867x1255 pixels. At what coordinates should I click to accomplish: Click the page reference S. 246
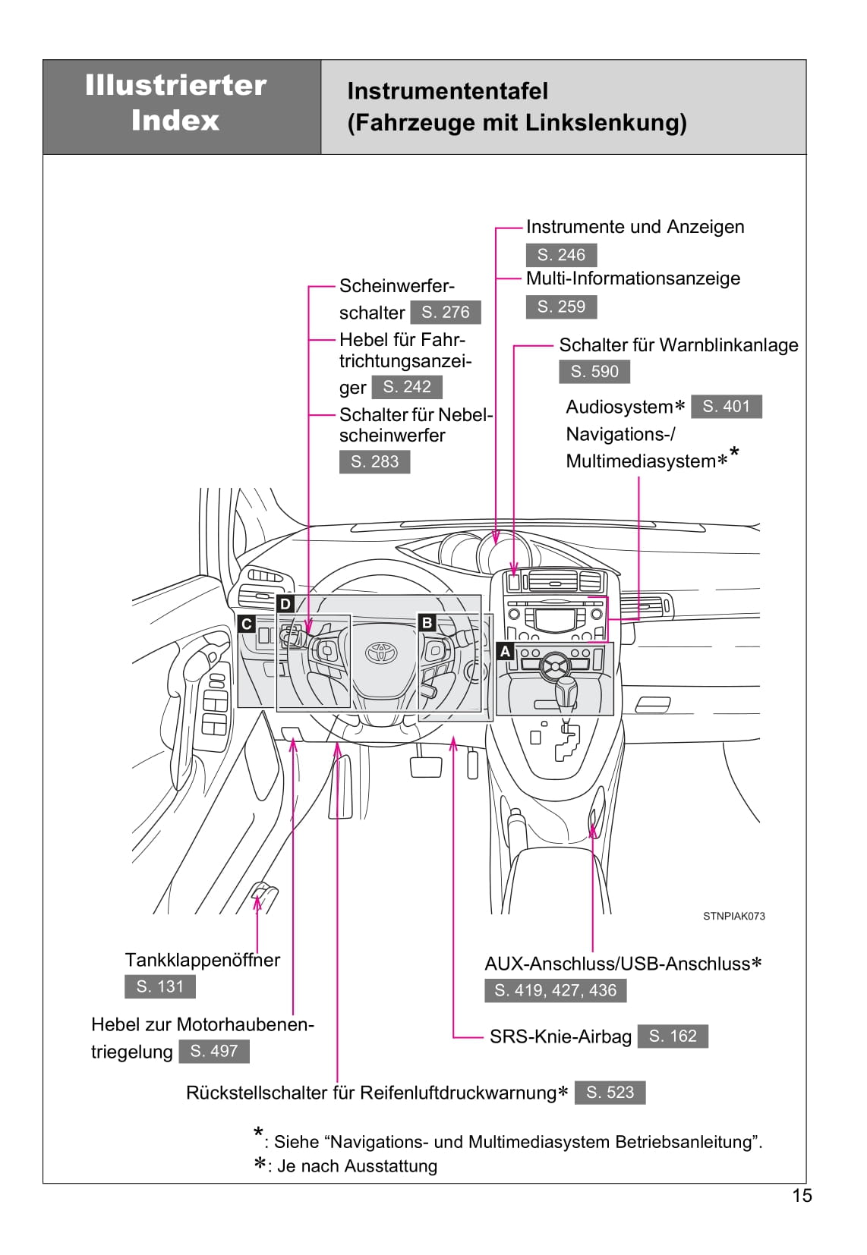[561, 255]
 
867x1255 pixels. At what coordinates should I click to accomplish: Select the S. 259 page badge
[561, 307]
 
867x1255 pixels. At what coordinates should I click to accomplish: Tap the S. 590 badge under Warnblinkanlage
[594, 372]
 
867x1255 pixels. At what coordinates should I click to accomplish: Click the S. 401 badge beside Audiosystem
[726, 407]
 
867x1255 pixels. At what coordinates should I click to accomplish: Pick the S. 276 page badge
[446, 312]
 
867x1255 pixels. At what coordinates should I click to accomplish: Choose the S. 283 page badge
[374, 461]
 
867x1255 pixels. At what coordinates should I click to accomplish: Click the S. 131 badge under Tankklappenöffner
[159, 986]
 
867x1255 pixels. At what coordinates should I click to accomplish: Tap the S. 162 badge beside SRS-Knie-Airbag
[673, 1036]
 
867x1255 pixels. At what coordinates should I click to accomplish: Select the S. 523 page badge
[610, 1092]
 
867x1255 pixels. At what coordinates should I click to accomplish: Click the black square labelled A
[505, 651]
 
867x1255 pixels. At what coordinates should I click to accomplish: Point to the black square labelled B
[427, 623]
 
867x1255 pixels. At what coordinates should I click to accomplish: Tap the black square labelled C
[246, 624]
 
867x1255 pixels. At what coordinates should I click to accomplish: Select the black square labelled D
[285, 604]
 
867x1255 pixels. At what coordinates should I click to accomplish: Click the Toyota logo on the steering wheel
[377, 651]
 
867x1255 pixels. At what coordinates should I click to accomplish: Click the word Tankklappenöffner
[202, 960]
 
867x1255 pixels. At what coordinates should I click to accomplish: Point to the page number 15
[802, 1196]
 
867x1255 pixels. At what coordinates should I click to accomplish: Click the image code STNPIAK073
[733, 916]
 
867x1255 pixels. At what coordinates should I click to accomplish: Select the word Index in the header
[175, 120]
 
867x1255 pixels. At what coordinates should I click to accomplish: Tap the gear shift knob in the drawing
[566, 690]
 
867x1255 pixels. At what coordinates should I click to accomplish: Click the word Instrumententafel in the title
[447, 91]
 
